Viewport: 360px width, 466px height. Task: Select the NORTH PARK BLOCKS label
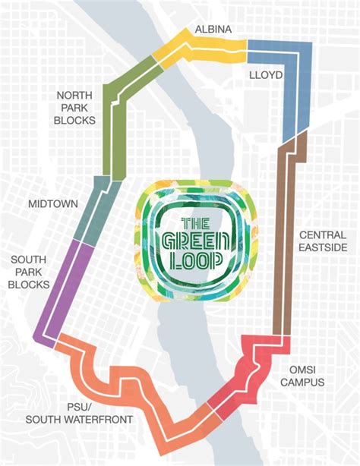tap(74, 108)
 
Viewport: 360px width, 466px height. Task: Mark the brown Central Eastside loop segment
tap(286, 243)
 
